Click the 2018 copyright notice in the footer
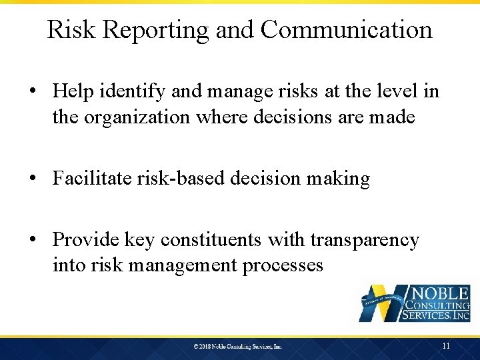[238, 347]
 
